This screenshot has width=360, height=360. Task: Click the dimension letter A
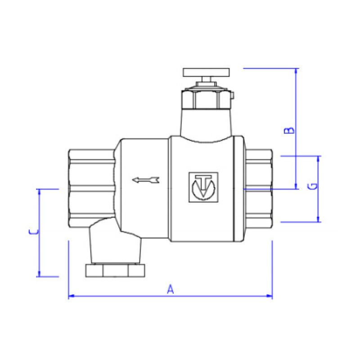click(170, 289)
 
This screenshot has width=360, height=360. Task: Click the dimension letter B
click(291, 130)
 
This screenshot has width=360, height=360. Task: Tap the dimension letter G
click(314, 186)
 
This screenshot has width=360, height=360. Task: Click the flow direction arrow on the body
click(146, 180)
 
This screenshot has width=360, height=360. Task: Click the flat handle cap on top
click(207, 72)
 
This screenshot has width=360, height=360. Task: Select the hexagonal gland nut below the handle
click(206, 99)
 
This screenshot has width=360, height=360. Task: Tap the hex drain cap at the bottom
click(116, 270)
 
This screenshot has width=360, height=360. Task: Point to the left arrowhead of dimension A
click(71, 296)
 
